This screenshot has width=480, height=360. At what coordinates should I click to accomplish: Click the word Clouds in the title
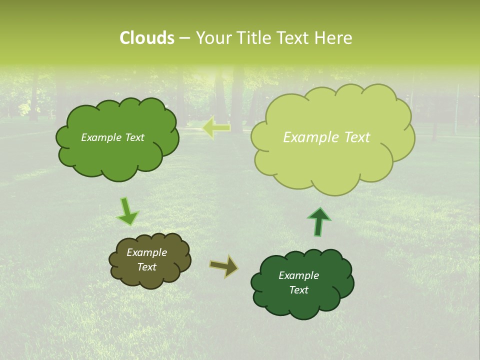point(147,38)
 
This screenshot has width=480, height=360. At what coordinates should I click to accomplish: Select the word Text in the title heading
point(292,38)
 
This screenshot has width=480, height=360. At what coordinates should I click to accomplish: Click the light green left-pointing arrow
point(216,128)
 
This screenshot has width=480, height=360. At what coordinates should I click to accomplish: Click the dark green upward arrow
point(319,221)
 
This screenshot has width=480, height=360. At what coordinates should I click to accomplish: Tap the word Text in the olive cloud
point(147,267)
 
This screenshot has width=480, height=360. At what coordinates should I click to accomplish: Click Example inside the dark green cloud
point(298,275)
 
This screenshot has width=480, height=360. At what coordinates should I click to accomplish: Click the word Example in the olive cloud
point(147,252)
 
